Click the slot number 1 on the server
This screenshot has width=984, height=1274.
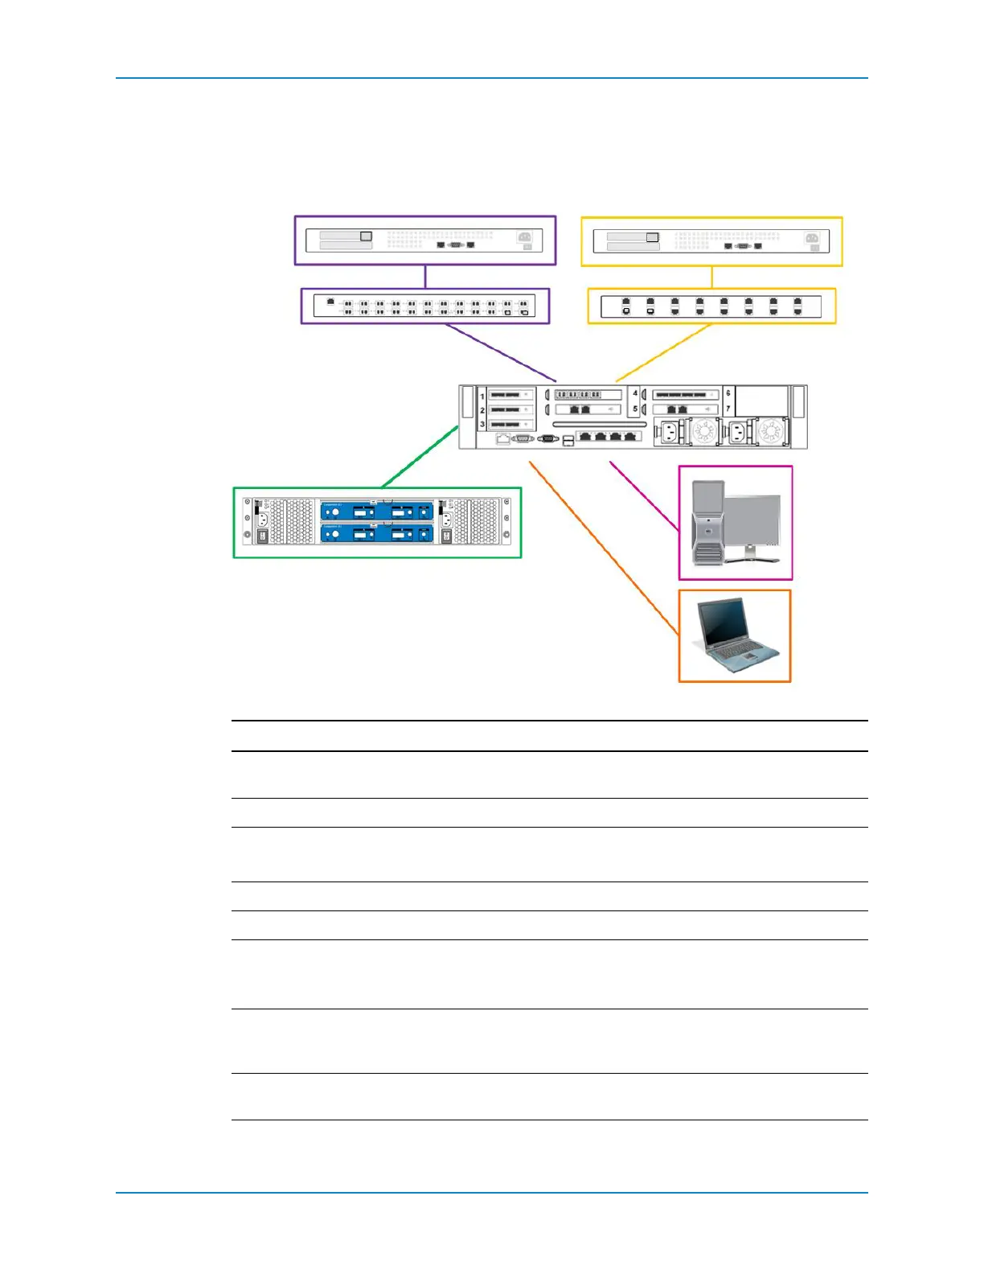click(482, 397)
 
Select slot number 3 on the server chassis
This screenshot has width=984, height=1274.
click(482, 424)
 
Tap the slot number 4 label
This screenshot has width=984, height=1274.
click(635, 393)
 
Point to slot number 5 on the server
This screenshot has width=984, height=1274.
click(635, 409)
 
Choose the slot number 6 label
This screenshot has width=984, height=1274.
click(728, 393)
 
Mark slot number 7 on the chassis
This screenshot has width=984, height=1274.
click(728, 409)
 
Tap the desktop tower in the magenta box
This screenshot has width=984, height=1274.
click(707, 524)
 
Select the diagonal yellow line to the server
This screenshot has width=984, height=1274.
click(664, 352)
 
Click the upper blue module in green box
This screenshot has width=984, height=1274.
click(377, 511)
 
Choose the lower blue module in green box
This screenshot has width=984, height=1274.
click(377, 533)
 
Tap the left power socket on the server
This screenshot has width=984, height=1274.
click(669, 433)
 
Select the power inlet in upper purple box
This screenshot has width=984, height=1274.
click(524, 237)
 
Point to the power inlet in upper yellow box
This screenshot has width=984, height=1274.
click(812, 238)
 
